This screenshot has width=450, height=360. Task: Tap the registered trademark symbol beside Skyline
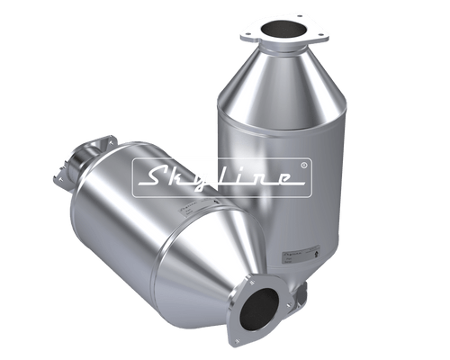[303, 165]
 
